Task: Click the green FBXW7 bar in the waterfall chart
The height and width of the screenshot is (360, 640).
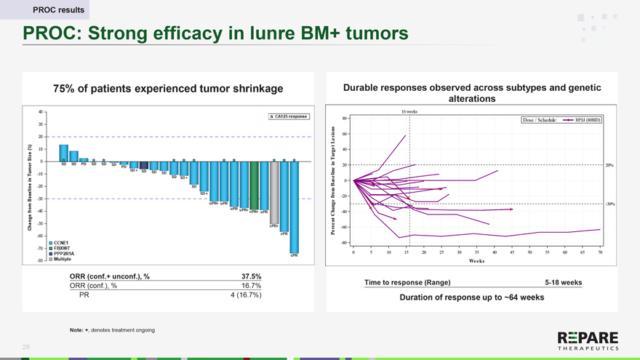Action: [254, 185]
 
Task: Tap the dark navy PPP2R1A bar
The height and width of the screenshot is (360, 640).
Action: [144, 165]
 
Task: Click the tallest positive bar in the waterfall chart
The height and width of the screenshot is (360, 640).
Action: [64, 153]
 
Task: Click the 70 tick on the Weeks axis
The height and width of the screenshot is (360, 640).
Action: [600, 252]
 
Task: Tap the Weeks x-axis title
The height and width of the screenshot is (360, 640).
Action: [476, 261]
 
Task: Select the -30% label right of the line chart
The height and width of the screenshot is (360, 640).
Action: [610, 204]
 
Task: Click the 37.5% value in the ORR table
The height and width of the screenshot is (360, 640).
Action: [250, 276]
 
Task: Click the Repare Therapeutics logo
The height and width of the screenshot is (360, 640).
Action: [588, 342]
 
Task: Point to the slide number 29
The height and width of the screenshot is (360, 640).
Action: [26, 348]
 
